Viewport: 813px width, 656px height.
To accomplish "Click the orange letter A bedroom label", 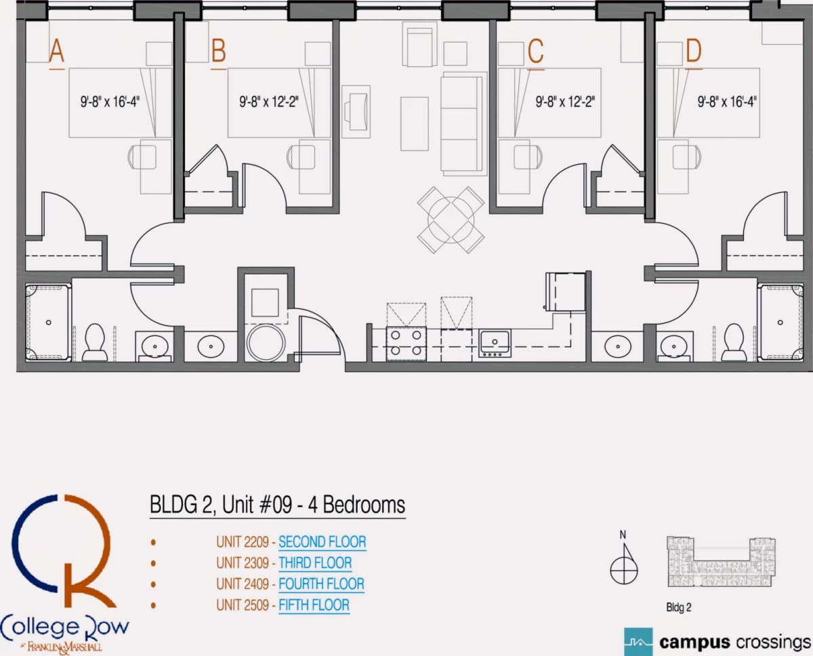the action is [57, 50].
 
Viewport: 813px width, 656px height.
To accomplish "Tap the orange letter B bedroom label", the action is [219, 50].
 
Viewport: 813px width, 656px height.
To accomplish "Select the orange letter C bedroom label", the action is [536, 51].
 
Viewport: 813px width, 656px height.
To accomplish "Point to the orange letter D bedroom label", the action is [694, 51].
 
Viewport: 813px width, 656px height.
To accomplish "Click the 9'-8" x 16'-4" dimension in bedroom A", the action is [110, 102].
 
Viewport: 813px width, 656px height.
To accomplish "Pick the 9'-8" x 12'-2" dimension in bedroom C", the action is [565, 102].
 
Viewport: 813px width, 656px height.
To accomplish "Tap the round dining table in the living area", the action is [451, 220].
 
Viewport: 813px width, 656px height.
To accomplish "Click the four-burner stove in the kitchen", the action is [406, 344].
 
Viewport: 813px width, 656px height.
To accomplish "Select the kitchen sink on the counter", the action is [495, 343].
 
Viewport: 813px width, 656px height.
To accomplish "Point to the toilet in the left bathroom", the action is [95, 342].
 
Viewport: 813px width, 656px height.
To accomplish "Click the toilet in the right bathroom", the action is [734, 342].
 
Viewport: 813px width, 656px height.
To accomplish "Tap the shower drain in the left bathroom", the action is [48, 323].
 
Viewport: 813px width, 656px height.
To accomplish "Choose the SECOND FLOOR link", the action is [322, 542].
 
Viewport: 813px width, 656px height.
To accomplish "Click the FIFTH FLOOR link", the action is [314, 605].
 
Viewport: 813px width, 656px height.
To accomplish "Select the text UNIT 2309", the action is [243, 563].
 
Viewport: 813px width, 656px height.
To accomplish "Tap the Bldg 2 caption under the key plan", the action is [678, 608].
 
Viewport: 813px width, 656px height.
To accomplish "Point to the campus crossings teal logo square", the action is [638, 642].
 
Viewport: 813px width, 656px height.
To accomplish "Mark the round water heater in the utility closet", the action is [266, 342].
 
